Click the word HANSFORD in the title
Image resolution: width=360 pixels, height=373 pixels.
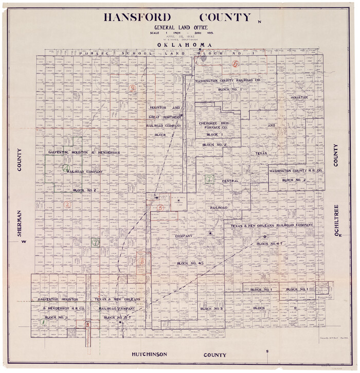point(137,17)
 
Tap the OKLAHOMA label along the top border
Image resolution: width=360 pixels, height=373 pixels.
point(178,45)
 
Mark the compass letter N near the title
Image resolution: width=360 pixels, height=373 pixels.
point(260,22)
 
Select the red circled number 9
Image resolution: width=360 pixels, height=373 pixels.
point(133,88)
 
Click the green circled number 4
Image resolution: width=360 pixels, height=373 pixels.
point(66,168)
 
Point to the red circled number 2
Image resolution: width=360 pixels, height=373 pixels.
point(67,204)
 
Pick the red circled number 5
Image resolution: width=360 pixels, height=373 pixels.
point(160,208)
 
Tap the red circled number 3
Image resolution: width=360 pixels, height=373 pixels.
point(88,324)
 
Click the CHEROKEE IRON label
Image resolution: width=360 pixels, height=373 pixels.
point(212,123)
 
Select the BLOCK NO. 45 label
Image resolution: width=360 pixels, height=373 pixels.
point(191,263)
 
